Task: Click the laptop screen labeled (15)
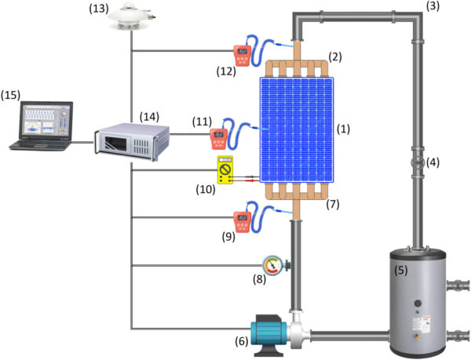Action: click(46, 120)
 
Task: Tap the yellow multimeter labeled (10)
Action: click(225, 169)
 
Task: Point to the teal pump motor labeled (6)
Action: click(268, 333)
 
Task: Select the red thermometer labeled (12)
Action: click(243, 56)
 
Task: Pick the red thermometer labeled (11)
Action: click(219, 139)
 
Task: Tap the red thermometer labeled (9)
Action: click(242, 222)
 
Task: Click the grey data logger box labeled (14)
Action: click(132, 142)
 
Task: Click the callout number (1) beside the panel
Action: click(343, 129)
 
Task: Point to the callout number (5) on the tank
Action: click(400, 271)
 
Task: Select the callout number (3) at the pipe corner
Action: click(433, 6)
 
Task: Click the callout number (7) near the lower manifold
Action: click(333, 204)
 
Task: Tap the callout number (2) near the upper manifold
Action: click(335, 56)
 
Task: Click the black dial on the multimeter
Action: click(225, 169)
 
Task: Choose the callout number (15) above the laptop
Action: click(10, 95)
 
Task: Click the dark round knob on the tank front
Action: click(418, 304)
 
